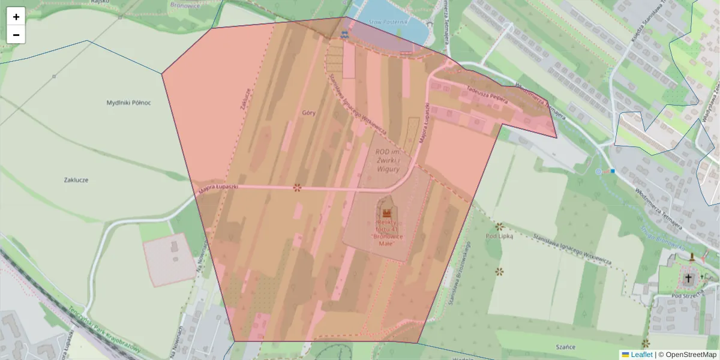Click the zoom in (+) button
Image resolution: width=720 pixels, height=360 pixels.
coord(16,16)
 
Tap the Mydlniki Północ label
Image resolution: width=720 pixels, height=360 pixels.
coord(128,103)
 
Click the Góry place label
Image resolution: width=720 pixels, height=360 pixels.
coord(309,112)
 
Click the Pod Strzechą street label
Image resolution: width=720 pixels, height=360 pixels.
coord(687,296)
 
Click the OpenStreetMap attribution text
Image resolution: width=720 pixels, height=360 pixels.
coord(691,355)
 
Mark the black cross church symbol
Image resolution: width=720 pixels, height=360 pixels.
coord(688,278)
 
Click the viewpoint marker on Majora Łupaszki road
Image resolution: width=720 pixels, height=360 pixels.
coord(296,188)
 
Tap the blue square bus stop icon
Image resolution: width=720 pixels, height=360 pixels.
coord(613,171)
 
